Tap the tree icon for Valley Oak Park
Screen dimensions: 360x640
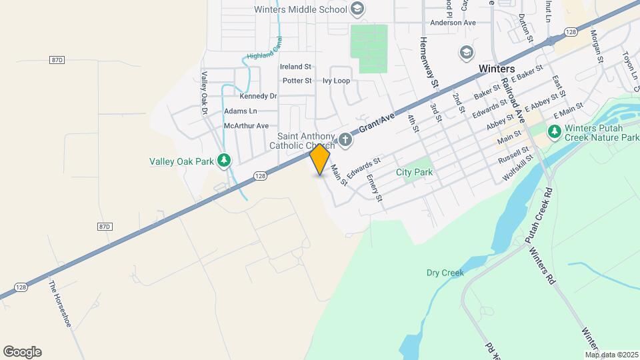(225, 160)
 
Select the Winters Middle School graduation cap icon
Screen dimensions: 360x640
(357, 9)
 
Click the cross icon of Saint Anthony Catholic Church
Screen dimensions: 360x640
(345, 139)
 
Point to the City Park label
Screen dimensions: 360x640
(414, 172)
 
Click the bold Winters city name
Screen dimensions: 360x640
(497, 69)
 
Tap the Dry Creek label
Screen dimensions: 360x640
(445, 273)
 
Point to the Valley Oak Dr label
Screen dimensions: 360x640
(205, 93)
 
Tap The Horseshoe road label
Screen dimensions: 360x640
(59, 303)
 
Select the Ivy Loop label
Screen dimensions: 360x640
(336, 81)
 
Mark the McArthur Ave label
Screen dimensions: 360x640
(246, 125)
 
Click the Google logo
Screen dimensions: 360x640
(22, 351)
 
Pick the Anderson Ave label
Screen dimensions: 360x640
(453, 23)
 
